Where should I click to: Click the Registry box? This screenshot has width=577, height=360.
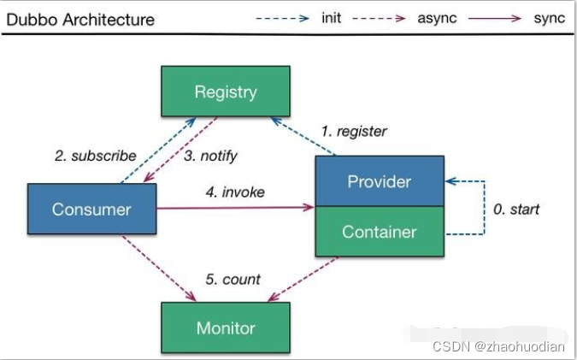(x=226, y=91)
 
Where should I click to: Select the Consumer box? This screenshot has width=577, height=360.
(x=92, y=209)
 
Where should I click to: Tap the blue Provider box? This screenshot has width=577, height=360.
(x=380, y=181)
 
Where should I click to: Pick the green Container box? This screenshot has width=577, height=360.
(x=380, y=231)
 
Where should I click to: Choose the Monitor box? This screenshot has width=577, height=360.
(x=226, y=328)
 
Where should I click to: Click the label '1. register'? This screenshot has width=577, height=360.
(x=354, y=132)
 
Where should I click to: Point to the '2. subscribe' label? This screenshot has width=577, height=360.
(x=96, y=156)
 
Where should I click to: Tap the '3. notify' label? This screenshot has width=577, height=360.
(x=210, y=156)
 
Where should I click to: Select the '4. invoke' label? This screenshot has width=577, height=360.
(x=235, y=192)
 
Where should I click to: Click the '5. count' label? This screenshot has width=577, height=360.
(x=233, y=280)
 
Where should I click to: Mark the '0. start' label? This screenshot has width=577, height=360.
(x=516, y=210)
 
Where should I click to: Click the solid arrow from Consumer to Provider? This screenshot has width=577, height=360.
(x=236, y=208)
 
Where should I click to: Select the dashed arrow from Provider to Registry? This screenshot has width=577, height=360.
(x=303, y=136)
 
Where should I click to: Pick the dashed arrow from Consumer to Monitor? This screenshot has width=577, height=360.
(x=159, y=269)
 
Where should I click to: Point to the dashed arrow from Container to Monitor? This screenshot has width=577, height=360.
(x=303, y=279)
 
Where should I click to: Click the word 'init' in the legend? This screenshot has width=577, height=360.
(x=331, y=18)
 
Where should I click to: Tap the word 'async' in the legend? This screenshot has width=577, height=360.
(x=437, y=18)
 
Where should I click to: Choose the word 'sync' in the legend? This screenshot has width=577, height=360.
(x=550, y=18)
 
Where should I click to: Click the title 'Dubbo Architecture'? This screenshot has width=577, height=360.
(x=80, y=20)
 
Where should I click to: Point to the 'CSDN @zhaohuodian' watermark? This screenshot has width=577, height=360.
(x=498, y=346)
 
